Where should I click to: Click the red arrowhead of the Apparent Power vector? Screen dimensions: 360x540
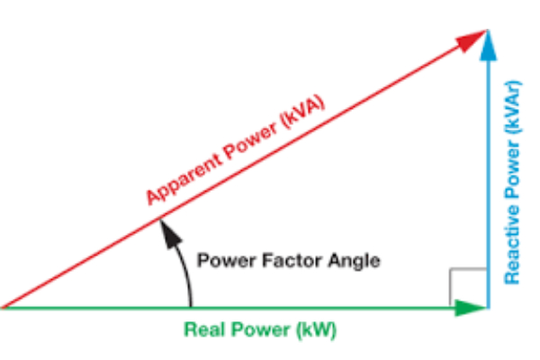474,40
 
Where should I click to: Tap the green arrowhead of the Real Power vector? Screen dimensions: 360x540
471,307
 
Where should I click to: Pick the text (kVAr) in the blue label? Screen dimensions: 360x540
513,106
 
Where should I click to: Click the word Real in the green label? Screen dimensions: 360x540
202,329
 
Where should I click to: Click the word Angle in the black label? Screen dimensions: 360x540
356,261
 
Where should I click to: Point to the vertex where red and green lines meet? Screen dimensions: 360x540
4,307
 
